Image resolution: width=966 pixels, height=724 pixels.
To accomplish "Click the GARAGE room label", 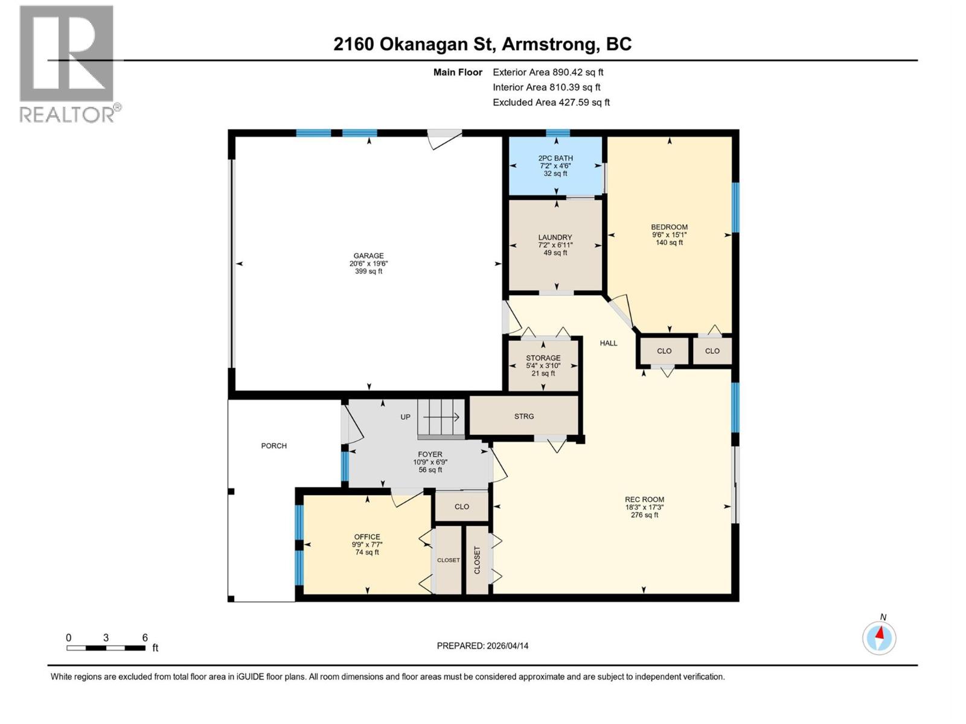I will coord(368,256).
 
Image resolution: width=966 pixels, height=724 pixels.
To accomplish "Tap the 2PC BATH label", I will coord(555,158).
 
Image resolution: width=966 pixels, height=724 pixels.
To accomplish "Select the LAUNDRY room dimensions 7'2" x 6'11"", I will coord(555,245).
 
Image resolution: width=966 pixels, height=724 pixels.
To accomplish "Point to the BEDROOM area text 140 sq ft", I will coord(669,243).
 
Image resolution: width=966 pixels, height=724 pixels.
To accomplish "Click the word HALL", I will coord(609,343).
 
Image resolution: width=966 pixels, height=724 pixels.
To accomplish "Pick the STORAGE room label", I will coord(543,358).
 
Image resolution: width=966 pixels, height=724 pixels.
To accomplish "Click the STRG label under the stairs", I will coord(524,416).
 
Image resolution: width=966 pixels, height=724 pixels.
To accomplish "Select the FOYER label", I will coord(430,454).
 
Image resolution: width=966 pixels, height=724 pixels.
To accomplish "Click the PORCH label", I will coord(273,446).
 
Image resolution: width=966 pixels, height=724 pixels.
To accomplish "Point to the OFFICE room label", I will coord(367,537).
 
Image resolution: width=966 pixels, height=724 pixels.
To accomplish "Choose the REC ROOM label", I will coord(644,500).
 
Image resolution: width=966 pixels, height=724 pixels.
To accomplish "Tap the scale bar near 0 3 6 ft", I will coord(106,648).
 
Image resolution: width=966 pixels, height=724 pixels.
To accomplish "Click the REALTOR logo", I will coord(68,63).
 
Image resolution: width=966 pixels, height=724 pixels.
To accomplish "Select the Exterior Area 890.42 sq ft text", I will coord(548,72).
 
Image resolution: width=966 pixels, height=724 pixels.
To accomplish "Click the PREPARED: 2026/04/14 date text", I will coord(482,646).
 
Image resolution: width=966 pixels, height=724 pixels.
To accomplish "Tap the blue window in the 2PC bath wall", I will coord(557,133).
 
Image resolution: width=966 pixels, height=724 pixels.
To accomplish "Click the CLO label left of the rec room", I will coord(462,507).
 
